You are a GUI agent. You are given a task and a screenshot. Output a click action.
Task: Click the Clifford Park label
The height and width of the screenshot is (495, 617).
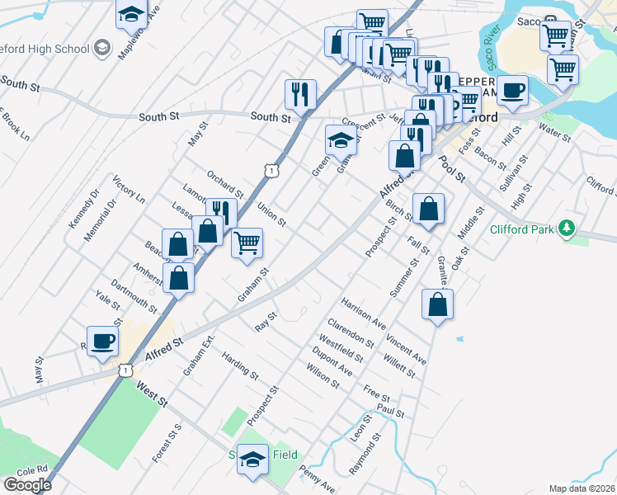click(x=521, y=229)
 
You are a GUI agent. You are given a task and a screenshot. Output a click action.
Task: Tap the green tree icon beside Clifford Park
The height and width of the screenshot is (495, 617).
click(x=566, y=227)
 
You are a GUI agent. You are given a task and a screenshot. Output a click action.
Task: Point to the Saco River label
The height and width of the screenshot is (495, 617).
click(x=494, y=41)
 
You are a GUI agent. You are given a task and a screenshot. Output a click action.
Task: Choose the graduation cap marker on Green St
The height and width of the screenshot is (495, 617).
click(x=341, y=141)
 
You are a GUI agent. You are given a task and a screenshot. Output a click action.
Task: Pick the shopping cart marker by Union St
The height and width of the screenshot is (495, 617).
click(x=247, y=243)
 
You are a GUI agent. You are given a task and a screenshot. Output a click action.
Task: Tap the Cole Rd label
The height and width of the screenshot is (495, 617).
click(x=31, y=469)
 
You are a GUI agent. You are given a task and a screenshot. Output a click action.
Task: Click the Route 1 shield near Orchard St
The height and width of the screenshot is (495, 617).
click(x=271, y=170)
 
